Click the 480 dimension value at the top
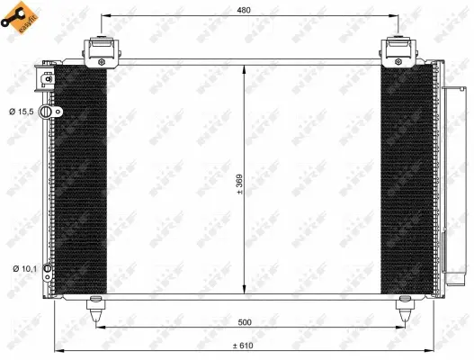pos(246,10)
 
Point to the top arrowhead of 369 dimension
pos(246,68)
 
